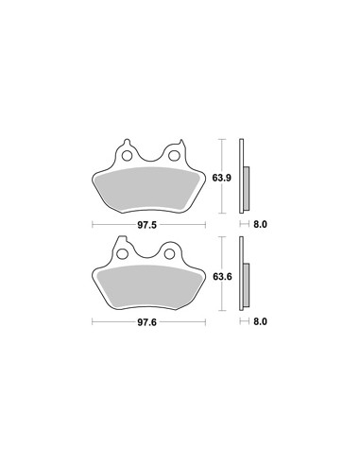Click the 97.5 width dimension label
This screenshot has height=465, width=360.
tap(146, 225)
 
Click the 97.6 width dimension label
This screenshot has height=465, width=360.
tap(146, 322)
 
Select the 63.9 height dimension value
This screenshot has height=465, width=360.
tap(222, 178)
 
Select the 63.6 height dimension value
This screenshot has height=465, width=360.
tap(222, 277)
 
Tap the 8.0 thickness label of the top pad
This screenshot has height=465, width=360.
tap(260, 224)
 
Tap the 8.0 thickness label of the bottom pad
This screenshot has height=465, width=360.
tap(260, 321)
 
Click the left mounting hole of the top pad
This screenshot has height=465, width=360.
tap(128, 155)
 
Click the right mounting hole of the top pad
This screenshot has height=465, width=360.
tap(173, 155)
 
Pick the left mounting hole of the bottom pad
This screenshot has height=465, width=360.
tap(122, 253)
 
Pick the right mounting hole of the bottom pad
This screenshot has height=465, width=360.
tap(169, 253)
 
